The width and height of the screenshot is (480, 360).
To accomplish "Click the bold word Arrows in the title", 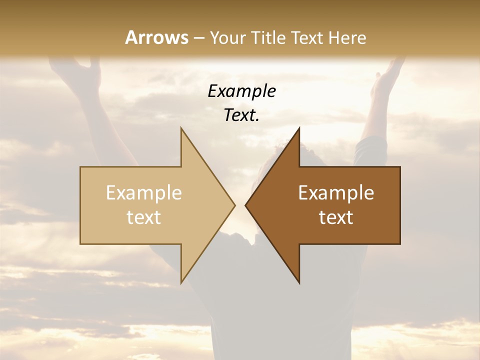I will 156,38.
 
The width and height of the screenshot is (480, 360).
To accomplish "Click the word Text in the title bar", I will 307,38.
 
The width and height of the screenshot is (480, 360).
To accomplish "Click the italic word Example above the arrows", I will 242,91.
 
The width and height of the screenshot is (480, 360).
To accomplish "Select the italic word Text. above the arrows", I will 242,115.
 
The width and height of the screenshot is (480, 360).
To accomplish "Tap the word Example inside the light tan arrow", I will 144,193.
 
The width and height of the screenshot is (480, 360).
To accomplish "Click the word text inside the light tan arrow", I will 144,217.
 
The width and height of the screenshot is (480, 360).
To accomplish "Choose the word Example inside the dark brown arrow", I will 336,193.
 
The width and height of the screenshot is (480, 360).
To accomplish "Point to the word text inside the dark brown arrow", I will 336,217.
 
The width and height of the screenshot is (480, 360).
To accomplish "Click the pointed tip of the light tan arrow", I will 234,205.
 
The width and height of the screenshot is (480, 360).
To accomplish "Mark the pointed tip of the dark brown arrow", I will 246,205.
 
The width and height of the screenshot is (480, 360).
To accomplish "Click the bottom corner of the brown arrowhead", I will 299,282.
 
